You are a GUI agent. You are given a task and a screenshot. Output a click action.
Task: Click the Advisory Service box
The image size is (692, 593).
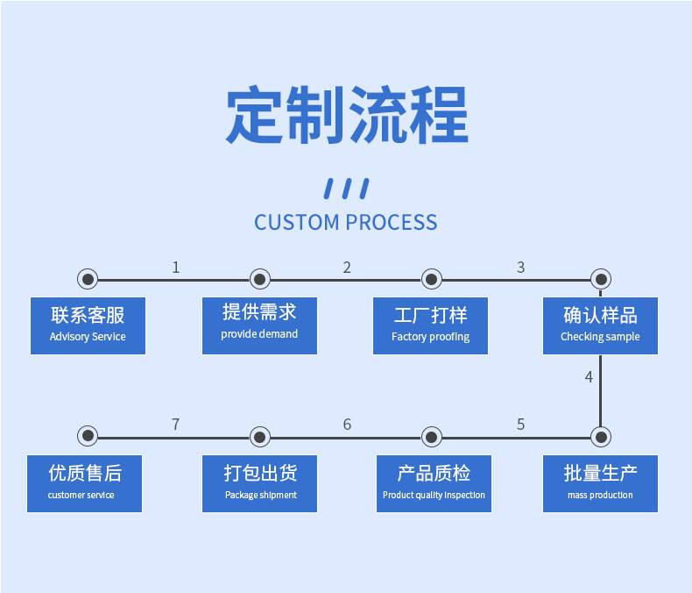point(88,325)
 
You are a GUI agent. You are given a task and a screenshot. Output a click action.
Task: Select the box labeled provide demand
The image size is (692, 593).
point(259,325)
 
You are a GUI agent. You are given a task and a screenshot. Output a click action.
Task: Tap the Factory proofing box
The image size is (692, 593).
point(430,325)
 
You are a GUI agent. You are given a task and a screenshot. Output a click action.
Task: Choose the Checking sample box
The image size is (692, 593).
point(600,325)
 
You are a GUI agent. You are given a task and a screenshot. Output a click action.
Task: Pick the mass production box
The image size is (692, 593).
point(600,483)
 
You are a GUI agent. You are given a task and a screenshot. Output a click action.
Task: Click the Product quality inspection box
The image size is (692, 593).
point(434,483)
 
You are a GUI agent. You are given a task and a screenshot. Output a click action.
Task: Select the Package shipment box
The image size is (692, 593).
point(260,483)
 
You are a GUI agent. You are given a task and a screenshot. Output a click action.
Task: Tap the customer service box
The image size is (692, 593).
point(84,483)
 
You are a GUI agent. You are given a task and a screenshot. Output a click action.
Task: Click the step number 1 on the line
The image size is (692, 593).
point(175,267)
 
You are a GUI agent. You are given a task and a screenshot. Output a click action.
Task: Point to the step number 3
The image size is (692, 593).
point(520,267)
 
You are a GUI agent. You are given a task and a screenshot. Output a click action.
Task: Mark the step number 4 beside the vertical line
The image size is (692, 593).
point(589,377)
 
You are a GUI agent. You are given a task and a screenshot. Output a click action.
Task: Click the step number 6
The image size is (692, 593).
point(347,425)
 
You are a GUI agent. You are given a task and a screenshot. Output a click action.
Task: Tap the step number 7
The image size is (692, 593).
point(175,425)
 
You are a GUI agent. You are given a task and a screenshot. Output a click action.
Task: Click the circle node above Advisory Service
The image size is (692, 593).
point(88,279)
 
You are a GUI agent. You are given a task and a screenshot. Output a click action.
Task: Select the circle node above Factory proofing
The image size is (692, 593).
point(431,279)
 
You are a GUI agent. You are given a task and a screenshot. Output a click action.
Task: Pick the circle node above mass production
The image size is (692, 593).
point(600,436)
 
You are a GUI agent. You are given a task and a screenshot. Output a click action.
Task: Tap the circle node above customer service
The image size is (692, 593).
point(88,436)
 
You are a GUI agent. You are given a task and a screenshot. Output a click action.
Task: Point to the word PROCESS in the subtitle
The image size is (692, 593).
point(391,222)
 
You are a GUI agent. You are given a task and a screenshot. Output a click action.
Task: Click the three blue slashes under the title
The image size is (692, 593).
point(346,188)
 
